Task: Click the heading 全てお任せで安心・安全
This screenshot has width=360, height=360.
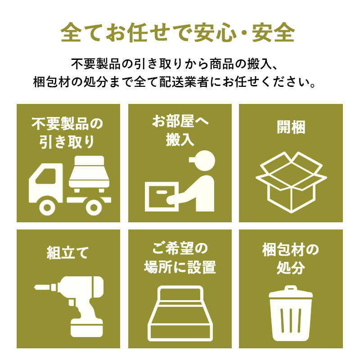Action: (x=177, y=32)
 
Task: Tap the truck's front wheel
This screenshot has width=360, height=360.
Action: (x=47, y=207)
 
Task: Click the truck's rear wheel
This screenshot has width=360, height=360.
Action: (x=94, y=207)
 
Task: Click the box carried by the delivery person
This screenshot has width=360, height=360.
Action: (x=162, y=197)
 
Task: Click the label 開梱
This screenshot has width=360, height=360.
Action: (x=291, y=127)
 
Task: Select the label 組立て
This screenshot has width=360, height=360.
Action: (x=67, y=253)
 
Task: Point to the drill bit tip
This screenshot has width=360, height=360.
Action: (x=35, y=287)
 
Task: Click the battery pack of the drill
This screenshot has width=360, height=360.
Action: (x=86, y=328)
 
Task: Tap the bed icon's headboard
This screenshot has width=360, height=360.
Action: (x=180, y=294)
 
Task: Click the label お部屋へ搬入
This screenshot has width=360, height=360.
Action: (x=180, y=130)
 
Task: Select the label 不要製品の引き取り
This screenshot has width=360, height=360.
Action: (x=67, y=133)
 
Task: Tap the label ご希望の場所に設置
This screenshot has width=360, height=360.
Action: (x=180, y=258)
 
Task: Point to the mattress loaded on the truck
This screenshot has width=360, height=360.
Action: (x=89, y=171)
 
